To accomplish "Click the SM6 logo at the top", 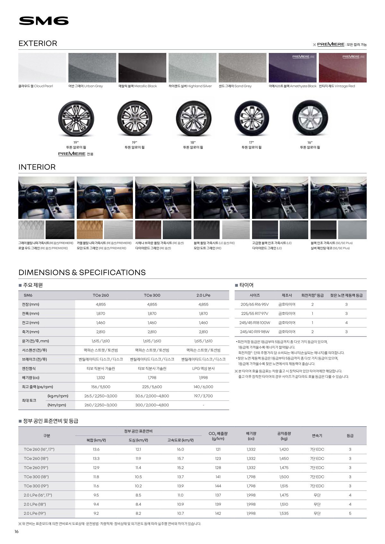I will (44, 21).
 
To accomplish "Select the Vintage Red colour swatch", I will (343, 68).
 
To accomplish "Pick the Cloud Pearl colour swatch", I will (42, 68).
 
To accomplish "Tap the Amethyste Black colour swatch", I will (293, 68).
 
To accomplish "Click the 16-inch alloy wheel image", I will (310, 118).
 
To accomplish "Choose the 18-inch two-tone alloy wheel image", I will (193, 118).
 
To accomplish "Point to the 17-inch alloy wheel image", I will (251, 118).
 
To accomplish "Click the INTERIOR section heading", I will (37, 167).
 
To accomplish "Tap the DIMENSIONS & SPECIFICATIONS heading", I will (82, 272).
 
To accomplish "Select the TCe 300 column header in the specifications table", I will (152, 295).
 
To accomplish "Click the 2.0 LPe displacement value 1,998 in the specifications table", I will (203, 378).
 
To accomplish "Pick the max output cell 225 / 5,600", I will (152, 387).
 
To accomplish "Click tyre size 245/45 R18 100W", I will (255, 323).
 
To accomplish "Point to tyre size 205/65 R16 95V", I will (255, 304).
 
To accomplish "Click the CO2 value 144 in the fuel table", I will (218, 486).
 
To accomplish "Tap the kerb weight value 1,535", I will (284, 513).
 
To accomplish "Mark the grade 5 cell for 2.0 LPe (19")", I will (350, 513).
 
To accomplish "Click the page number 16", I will (17, 532).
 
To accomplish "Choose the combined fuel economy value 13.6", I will (96, 449).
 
